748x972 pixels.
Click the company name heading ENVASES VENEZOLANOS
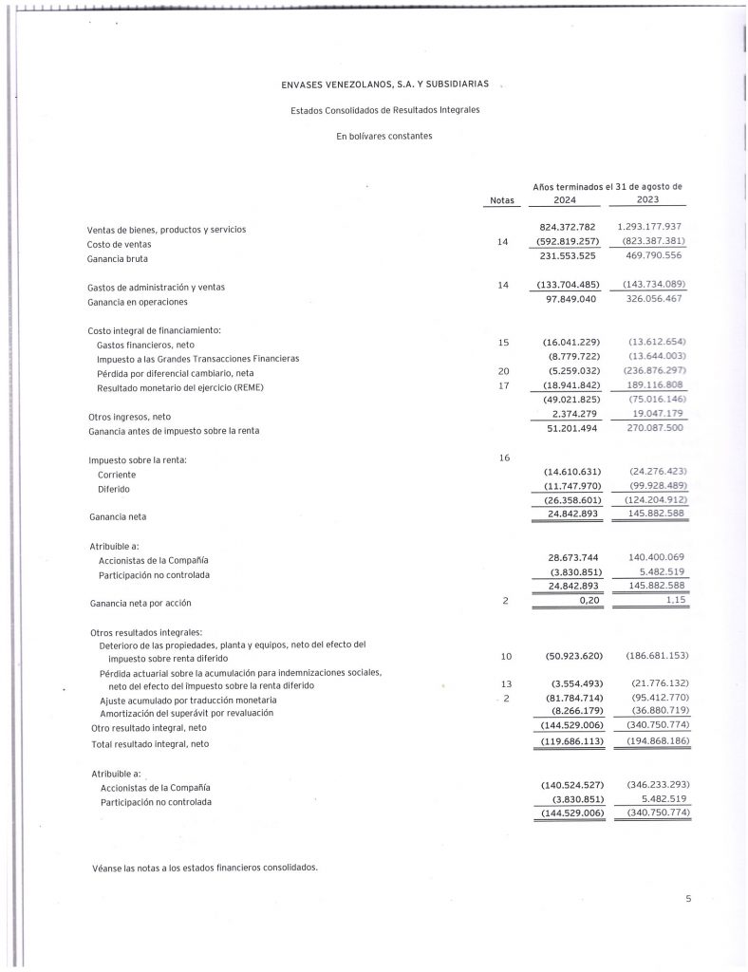[385, 84]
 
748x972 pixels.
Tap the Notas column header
[501, 200]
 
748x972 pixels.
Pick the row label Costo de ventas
[121, 244]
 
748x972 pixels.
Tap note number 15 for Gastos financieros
[503, 342]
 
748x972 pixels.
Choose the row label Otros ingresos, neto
[131, 416]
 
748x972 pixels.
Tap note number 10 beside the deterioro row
[503, 657]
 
